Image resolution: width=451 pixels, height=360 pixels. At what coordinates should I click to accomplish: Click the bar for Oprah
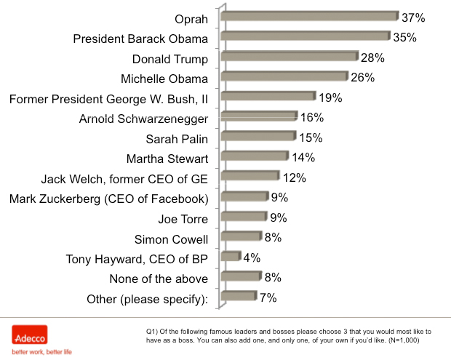309,16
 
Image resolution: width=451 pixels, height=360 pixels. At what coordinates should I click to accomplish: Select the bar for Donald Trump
290,57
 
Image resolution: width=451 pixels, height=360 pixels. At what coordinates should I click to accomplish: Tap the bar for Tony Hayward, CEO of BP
231,256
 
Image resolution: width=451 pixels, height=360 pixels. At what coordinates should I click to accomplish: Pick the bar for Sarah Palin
258,136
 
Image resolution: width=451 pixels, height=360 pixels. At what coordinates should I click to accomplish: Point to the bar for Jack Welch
250,176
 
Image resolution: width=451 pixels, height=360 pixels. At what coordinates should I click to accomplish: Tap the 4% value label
251,257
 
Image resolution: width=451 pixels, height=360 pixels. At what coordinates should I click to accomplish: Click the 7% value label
268,297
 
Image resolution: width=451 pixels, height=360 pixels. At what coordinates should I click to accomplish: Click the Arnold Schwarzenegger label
143,119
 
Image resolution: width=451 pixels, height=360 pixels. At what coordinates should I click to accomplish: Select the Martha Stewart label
167,159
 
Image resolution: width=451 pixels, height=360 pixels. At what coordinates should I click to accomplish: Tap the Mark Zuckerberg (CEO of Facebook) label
109,199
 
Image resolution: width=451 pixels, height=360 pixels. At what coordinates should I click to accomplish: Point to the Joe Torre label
183,218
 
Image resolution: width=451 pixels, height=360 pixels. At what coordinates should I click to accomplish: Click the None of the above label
159,279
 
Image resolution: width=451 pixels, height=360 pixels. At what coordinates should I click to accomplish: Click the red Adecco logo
30,336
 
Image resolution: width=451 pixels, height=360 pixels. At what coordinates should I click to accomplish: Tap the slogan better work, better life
41,352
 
